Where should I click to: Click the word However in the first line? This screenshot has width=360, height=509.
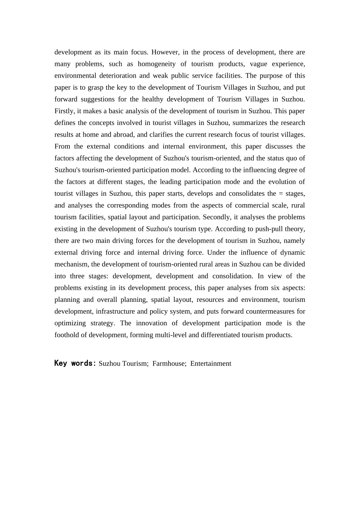click(165, 52)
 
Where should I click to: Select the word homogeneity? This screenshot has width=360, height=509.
click(157, 64)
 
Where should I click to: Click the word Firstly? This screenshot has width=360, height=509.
click(65, 111)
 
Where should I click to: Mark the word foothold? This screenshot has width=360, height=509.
click(67, 335)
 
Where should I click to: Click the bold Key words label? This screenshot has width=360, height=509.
click(75, 363)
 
